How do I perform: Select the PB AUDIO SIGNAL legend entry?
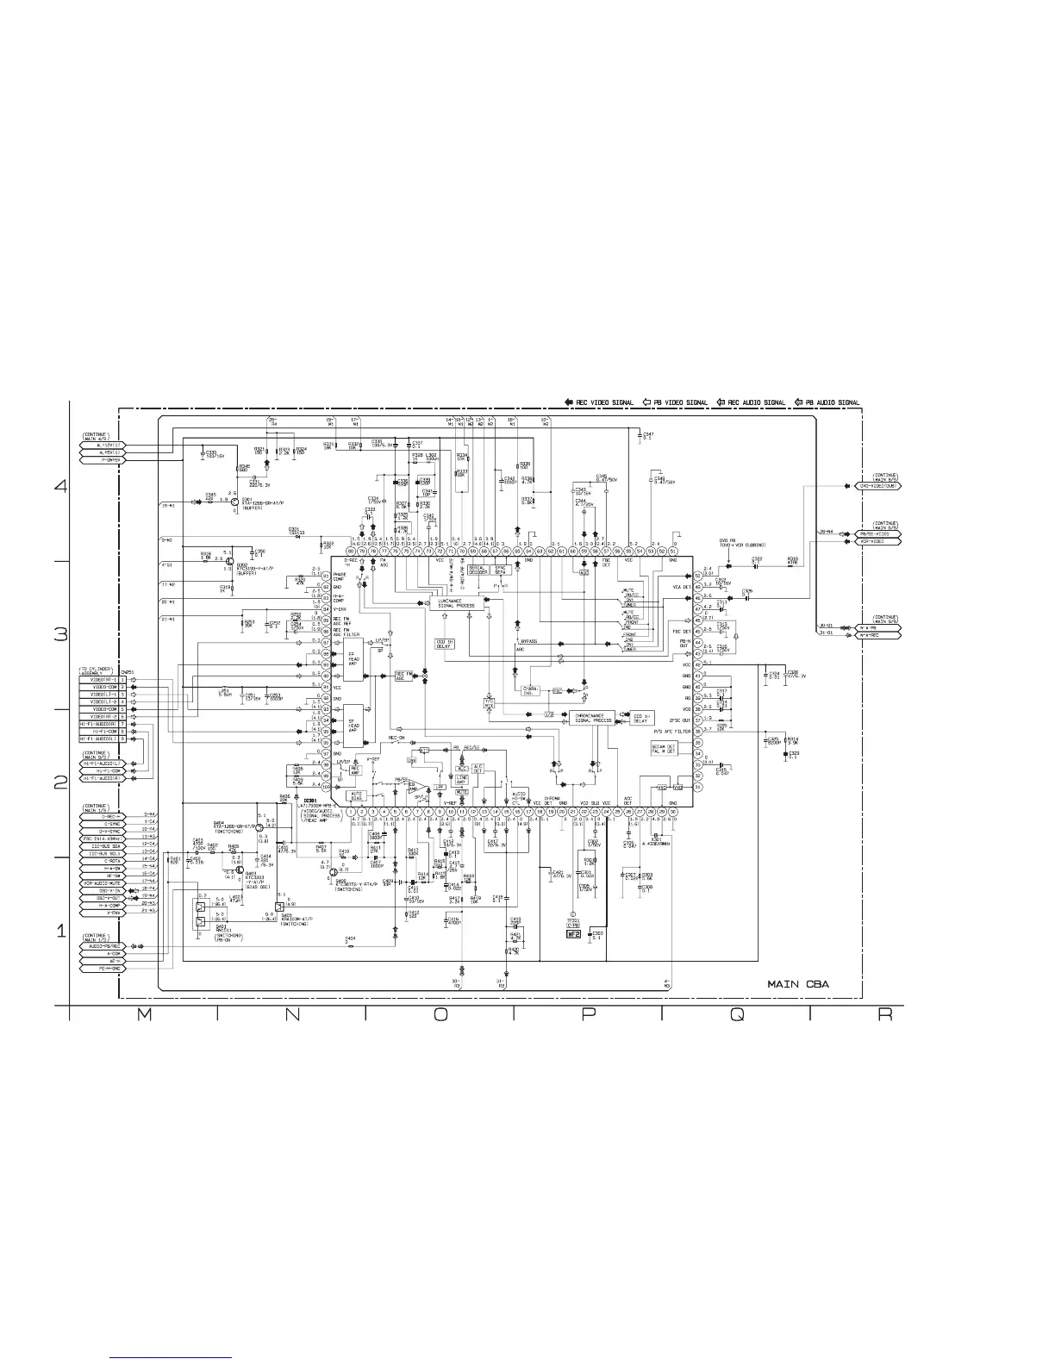pos(827,402)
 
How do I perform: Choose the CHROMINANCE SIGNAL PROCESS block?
pos(591,718)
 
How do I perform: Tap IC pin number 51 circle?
pos(672,552)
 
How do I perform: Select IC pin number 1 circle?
pos(353,811)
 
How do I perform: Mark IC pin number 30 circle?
pos(672,811)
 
